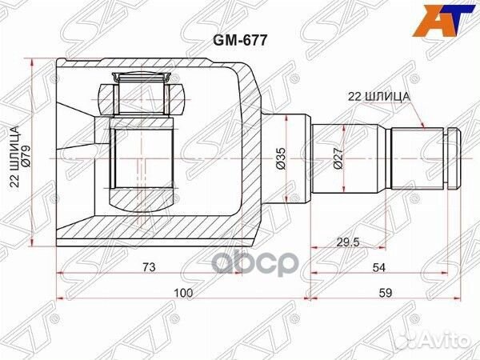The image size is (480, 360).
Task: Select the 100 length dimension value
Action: (x=184, y=294)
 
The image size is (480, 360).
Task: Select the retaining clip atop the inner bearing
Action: (x=142, y=78)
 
